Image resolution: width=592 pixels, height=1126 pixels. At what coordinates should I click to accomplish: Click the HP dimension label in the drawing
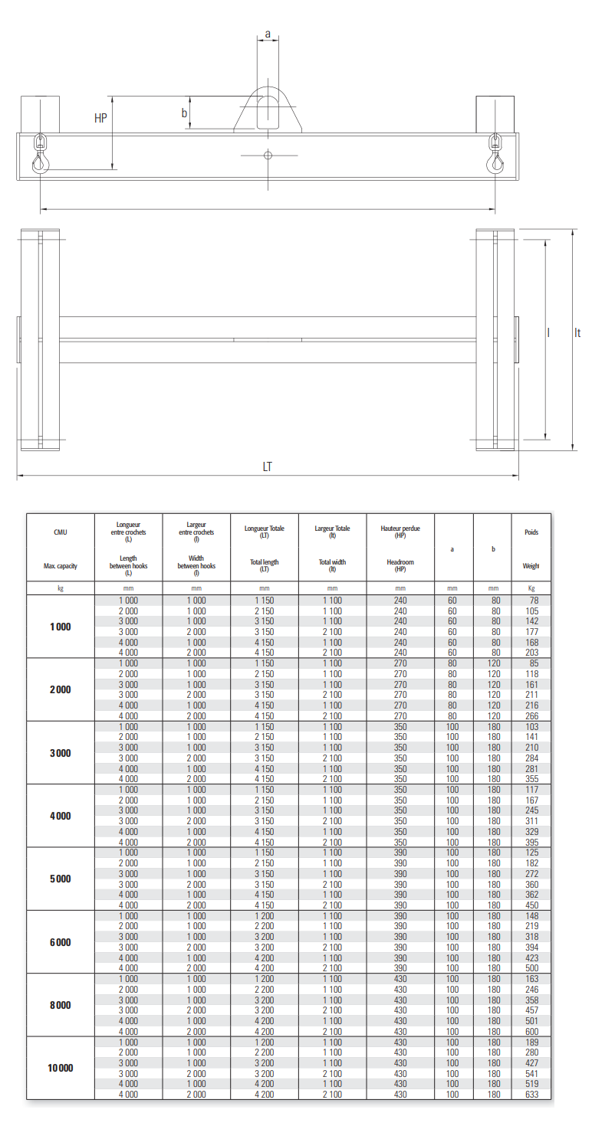coord(100,119)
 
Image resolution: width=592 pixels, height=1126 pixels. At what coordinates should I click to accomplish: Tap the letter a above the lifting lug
coord(268,34)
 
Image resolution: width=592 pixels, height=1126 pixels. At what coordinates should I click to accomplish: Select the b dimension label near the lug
coord(184,113)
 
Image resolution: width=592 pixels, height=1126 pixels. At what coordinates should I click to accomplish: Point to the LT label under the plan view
coord(267,466)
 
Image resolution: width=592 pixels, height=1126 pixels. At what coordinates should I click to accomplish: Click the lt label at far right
coord(577,333)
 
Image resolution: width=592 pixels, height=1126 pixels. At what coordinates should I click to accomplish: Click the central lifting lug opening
coord(268,112)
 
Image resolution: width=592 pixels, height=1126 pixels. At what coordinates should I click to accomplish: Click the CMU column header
coord(60,532)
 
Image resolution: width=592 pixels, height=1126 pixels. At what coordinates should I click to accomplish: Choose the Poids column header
coord(531,532)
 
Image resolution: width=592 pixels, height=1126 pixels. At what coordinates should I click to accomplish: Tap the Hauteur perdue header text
coord(400,529)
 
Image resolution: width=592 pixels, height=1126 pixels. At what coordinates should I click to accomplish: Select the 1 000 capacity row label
coord(60,627)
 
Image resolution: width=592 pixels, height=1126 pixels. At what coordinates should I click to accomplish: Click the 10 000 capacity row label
coord(60,1069)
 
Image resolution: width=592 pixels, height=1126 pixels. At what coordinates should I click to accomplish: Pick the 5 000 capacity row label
coord(60,879)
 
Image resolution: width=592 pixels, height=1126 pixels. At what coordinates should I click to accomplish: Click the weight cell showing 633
coord(531,1095)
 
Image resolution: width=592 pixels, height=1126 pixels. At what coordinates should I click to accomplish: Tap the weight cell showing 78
coord(531,601)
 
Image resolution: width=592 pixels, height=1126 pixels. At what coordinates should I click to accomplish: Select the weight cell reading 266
coord(531,716)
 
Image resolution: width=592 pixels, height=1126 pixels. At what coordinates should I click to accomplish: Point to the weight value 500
coord(531,968)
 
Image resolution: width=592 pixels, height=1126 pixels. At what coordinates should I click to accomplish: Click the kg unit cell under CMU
coord(60,588)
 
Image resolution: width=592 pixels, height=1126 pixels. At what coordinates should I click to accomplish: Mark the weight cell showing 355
coord(531,779)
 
